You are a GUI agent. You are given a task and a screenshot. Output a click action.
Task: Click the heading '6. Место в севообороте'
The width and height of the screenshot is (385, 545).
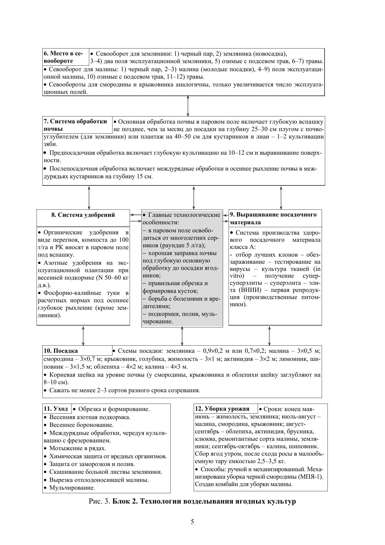[x=63, y=57]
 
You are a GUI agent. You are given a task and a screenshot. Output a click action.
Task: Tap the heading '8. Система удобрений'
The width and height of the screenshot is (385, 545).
[x=83, y=215]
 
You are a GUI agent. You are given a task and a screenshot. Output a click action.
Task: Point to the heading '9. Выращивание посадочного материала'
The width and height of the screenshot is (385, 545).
[x=273, y=218]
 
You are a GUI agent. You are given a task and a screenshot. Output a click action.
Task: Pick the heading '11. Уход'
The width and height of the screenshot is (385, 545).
[x=56, y=409]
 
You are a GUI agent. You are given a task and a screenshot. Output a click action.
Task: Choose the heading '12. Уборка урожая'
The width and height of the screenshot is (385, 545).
[x=222, y=408]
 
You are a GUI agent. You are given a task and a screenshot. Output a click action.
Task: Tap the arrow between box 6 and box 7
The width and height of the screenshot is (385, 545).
[x=188, y=106]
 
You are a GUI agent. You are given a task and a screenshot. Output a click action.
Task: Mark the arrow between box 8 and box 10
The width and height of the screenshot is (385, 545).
[x=83, y=336]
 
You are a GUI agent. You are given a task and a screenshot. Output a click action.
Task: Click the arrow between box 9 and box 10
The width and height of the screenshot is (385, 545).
[x=269, y=336]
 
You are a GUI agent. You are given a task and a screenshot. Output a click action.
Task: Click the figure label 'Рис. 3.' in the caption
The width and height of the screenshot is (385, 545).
[x=100, y=502]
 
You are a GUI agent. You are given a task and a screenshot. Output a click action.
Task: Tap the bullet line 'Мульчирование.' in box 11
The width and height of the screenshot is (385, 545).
[x=72, y=488]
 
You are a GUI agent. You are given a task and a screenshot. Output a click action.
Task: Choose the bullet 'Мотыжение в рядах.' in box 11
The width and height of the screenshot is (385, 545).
[x=78, y=448]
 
